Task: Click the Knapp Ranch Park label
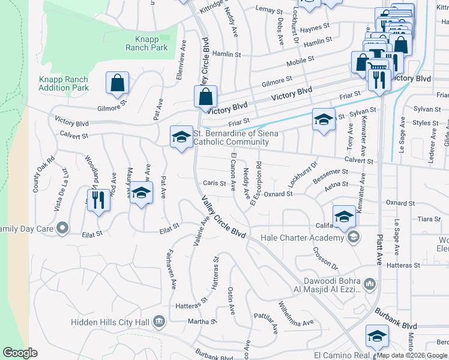click(x=147, y=43)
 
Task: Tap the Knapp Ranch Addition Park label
click(x=63, y=83)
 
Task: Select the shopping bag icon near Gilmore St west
click(x=118, y=83)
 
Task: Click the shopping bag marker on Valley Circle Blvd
click(x=205, y=97)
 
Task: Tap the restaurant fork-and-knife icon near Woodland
click(x=98, y=200)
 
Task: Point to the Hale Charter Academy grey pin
click(x=354, y=238)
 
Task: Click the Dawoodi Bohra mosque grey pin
click(x=370, y=283)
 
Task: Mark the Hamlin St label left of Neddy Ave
click(x=229, y=54)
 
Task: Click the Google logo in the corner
click(x=20, y=353)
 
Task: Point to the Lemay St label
click(x=269, y=10)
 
